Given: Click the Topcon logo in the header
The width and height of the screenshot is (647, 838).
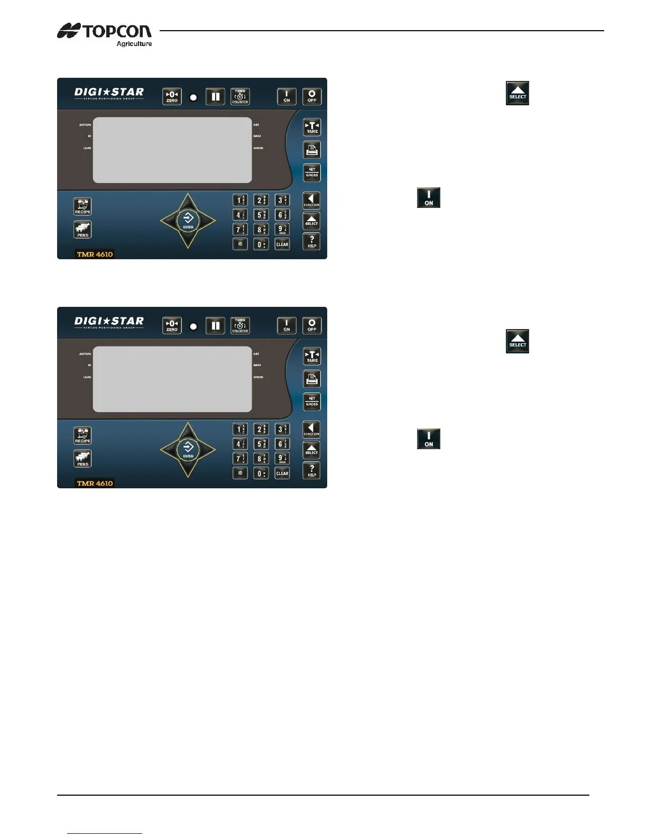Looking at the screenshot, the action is tap(104, 31).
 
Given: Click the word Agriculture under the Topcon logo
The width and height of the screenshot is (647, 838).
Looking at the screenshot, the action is tap(134, 44).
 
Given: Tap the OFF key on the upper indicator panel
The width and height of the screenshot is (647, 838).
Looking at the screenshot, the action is tap(312, 96).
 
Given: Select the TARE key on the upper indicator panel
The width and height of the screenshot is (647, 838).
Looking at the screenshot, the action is tap(312, 127).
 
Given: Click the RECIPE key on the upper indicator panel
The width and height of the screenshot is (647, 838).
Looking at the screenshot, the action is tap(82, 206).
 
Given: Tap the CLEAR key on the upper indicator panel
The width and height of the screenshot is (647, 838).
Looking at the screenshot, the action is tap(282, 244).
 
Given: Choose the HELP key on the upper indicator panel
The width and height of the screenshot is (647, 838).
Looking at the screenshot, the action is tap(312, 242).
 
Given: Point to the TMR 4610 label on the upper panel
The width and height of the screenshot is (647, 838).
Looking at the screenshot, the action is tap(95, 254).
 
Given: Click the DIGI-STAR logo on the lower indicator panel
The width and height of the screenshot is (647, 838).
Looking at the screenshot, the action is tap(109, 322).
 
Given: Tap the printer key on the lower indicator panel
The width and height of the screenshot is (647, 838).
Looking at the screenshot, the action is tap(312, 379).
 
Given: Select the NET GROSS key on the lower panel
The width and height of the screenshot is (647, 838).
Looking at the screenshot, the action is tap(312, 402).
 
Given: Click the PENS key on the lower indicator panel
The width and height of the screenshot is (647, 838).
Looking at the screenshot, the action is tap(82, 459).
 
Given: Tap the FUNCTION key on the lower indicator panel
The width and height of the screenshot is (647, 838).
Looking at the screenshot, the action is tap(311, 429).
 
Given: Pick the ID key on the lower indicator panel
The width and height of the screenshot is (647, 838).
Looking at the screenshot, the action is tap(240, 473).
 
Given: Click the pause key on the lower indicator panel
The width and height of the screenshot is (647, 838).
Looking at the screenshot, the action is tap(215, 325).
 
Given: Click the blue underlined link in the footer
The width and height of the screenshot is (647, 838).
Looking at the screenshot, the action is tap(105, 833).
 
